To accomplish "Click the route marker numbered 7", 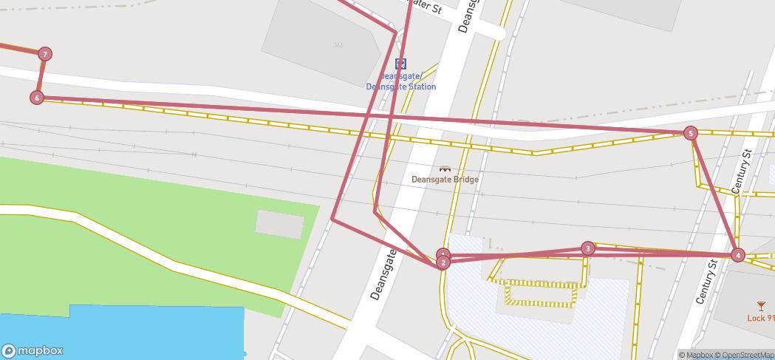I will [46, 54].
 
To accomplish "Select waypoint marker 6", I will [37, 98].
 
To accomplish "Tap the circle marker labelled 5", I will [690, 133].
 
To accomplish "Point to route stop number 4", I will [737, 255].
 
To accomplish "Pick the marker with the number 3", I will [587, 248].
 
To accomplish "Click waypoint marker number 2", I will [443, 262].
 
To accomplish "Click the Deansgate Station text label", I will [401, 81].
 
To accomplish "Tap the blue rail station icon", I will [400, 64].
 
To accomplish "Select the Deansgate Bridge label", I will [445, 180].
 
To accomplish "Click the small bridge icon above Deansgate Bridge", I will [445, 169].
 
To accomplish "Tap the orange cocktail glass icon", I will [761, 306].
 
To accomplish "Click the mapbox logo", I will [33, 351].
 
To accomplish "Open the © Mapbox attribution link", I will [695, 355].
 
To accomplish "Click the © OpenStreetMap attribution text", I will [744, 355].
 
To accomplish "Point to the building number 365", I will [338, 45].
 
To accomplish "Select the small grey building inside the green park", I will [280, 224].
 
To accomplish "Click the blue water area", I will [118, 333].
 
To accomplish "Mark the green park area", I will [133, 244].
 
